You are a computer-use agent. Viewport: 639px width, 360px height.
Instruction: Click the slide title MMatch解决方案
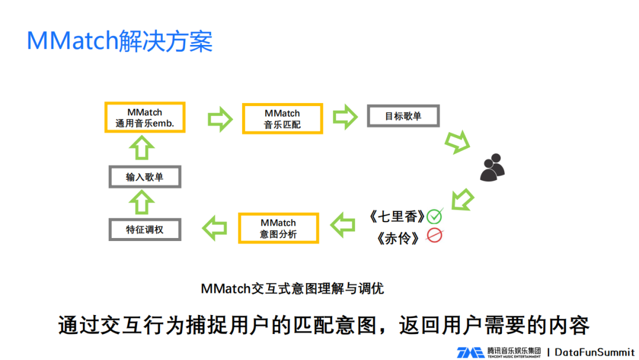[x=120, y=41]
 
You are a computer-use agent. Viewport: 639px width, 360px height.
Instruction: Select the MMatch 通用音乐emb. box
[x=145, y=118]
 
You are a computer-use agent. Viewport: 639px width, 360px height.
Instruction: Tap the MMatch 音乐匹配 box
[x=282, y=118]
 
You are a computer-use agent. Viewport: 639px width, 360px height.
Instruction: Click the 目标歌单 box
[x=403, y=116]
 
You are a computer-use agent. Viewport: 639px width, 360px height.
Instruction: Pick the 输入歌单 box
[x=145, y=177]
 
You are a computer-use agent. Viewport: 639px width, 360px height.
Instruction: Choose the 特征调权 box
[x=145, y=229]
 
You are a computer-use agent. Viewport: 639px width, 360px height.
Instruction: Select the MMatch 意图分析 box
[x=278, y=229]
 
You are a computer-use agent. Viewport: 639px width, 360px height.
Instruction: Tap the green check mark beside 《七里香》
[x=435, y=216]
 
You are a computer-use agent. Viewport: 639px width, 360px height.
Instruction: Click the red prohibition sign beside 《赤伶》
[x=435, y=236]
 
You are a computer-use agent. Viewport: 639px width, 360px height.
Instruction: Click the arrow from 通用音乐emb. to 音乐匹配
[x=220, y=118]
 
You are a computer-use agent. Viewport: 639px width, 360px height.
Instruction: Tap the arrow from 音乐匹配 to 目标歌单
[x=345, y=117]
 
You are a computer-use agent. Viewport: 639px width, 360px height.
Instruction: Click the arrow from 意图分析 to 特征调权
[x=215, y=227]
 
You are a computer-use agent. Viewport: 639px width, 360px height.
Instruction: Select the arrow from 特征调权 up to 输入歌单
[x=143, y=202]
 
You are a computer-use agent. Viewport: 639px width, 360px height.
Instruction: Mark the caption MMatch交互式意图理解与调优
[x=292, y=288]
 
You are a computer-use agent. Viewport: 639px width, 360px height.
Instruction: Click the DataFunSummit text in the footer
[x=594, y=352]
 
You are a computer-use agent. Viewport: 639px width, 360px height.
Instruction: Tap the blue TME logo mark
[x=470, y=352]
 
